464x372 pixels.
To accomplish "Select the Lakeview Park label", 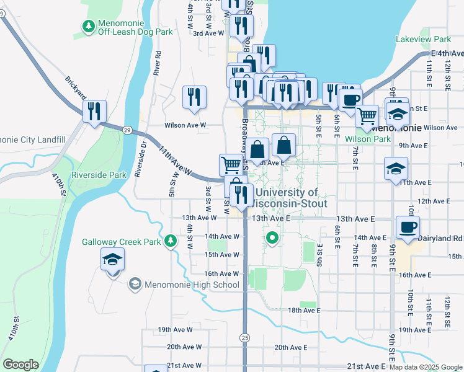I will (423, 39).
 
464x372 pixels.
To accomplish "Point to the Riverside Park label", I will (99, 175).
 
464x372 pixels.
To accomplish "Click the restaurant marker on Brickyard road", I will (95, 112).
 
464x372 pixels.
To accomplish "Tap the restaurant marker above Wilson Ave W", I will (194, 97).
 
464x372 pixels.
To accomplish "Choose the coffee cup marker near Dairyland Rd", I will (408, 228).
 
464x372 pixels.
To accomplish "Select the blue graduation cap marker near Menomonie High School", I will (113, 259).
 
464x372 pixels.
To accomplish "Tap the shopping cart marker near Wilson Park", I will (367, 116).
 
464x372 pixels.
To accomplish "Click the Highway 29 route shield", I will (127, 130).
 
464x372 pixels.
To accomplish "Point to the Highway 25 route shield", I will (245, 337).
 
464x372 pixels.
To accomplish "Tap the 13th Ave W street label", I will (199, 218).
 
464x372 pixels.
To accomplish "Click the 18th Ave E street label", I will (303, 310).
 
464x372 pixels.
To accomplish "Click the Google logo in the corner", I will (20, 365).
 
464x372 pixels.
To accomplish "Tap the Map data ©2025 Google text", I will (425, 367).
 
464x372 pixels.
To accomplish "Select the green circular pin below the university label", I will (272, 237).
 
